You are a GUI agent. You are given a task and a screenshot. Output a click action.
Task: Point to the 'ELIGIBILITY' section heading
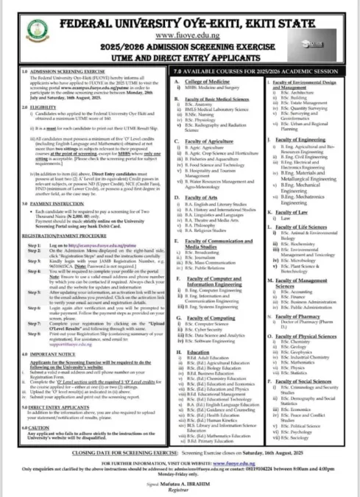pyautogui.click(x=32, y=107)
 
